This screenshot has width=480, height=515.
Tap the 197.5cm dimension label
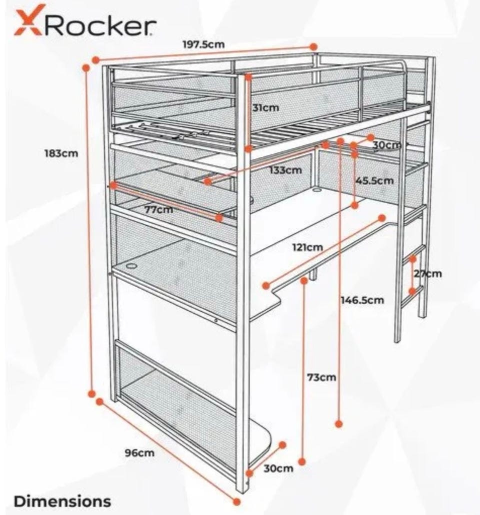click(203, 44)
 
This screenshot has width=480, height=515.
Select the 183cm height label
click(60, 153)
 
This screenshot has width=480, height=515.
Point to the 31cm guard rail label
click(265, 107)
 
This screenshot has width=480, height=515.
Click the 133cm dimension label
click(285, 170)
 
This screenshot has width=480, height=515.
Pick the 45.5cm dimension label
click(374, 180)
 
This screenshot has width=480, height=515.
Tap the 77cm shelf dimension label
click(158, 210)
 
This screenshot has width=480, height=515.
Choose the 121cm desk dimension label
click(307, 247)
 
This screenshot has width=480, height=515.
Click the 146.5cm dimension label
click(362, 300)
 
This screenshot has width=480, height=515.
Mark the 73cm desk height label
click(321, 377)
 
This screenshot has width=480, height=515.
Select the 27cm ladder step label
click(428, 273)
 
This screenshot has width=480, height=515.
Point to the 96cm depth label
click(139, 453)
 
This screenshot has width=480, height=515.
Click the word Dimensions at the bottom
click(62, 501)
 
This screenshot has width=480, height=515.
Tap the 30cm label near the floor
click(278, 469)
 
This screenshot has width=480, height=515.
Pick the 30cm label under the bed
click(387, 145)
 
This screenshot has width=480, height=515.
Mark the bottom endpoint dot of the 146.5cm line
click(338, 424)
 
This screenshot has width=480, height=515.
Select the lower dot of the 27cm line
click(412, 291)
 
